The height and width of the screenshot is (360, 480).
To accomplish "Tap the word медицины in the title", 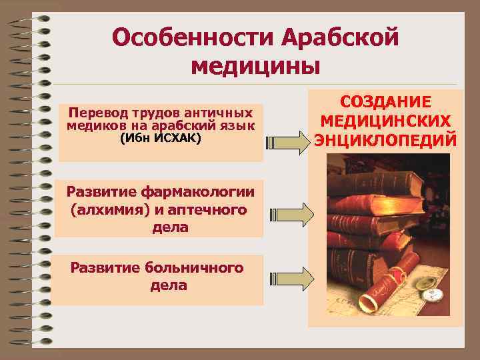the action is coord(255,67).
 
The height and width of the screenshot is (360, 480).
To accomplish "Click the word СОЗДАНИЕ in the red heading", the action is coord(385,102).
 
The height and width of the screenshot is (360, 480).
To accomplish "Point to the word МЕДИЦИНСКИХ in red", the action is coord(385,121).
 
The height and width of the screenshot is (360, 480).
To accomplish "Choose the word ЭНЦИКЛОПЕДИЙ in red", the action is coord(385,141).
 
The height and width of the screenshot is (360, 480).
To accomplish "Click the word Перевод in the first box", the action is coord(97,113).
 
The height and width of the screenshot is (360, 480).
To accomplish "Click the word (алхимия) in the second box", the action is coord(103,210).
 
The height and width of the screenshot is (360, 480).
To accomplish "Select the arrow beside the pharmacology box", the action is coord(292,213).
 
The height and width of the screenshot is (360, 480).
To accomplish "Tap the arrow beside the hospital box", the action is coord(292,275).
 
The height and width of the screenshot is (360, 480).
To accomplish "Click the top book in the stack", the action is coord(373,173).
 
